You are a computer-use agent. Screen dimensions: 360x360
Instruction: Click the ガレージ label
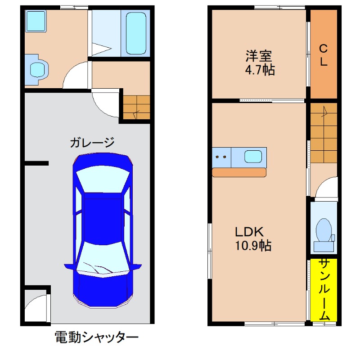click(x=92, y=143)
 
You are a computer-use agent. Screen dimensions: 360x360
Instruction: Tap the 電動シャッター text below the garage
click(x=96, y=337)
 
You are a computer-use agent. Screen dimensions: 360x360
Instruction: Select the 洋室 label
click(x=259, y=57)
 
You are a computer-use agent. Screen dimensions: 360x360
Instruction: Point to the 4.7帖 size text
click(x=259, y=71)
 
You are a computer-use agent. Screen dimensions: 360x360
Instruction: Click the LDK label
click(x=248, y=232)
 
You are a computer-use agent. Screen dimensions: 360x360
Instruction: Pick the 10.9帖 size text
click(x=252, y=246)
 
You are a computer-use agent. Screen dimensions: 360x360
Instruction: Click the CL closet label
click(x=323, y=55)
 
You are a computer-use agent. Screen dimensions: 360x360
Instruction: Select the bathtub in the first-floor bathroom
click(x=136, y=33)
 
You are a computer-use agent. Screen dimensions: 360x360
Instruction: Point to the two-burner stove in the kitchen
click(x=221, y=157)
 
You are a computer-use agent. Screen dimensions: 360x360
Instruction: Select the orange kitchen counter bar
click(x=239, y=172)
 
